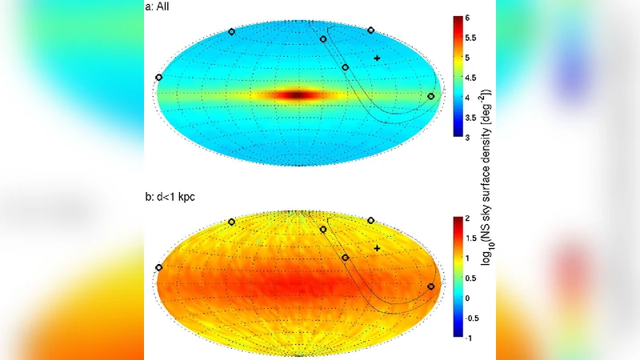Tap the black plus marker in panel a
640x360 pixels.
(377, 58)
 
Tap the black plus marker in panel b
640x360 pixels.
(377, 249)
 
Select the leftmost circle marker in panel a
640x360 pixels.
(158, 77)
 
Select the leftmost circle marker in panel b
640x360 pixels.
(158, 267)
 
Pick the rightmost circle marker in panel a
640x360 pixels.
(431, 96)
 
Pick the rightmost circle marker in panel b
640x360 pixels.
(431, 286)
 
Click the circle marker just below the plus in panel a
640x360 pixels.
(346, 68)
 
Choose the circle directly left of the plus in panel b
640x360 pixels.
(346, 258)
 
